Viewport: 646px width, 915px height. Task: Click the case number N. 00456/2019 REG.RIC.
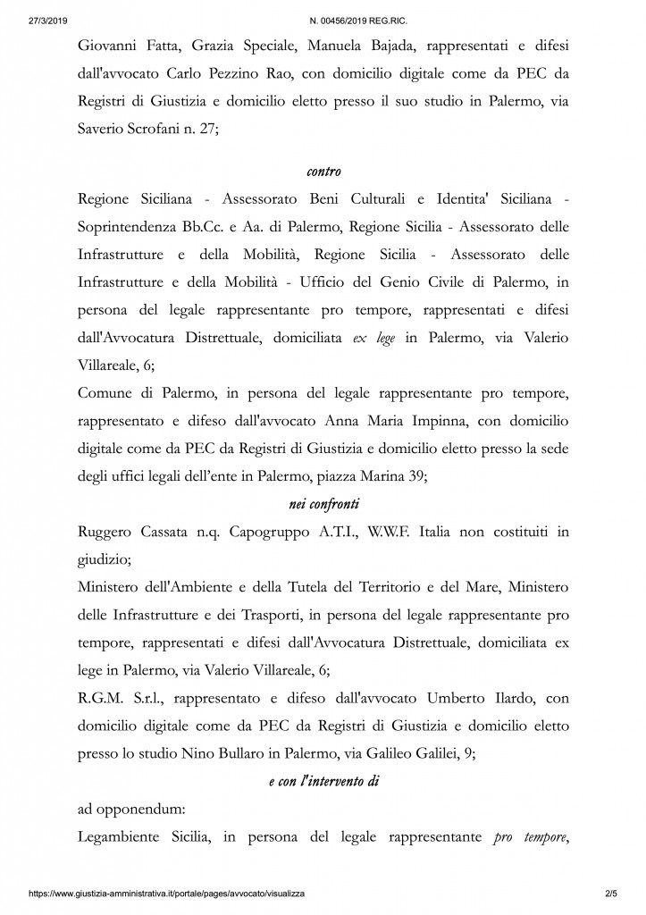(323, 9)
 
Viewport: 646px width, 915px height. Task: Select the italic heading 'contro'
(323, 170)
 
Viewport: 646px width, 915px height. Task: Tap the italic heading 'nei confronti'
(323, 505)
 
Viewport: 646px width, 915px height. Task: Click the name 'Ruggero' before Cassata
(109, 533)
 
